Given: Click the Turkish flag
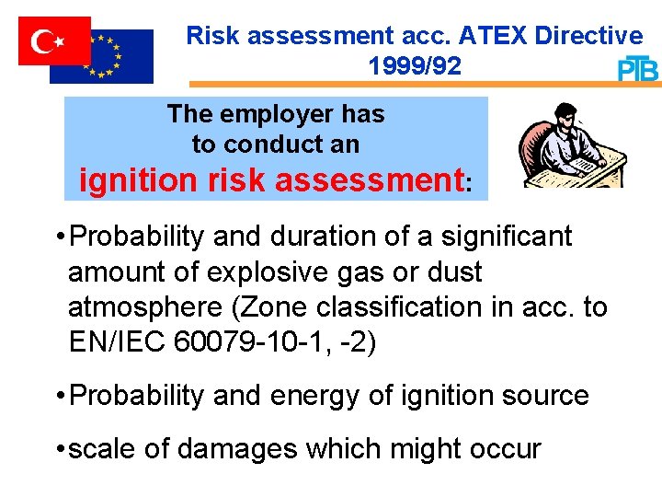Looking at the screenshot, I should pyautogui.click(x=54, y=40).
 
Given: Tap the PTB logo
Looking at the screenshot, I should pyautogui.click(x=637, y=69).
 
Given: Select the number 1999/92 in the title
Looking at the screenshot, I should pyautogui.click(x=414, y=66).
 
